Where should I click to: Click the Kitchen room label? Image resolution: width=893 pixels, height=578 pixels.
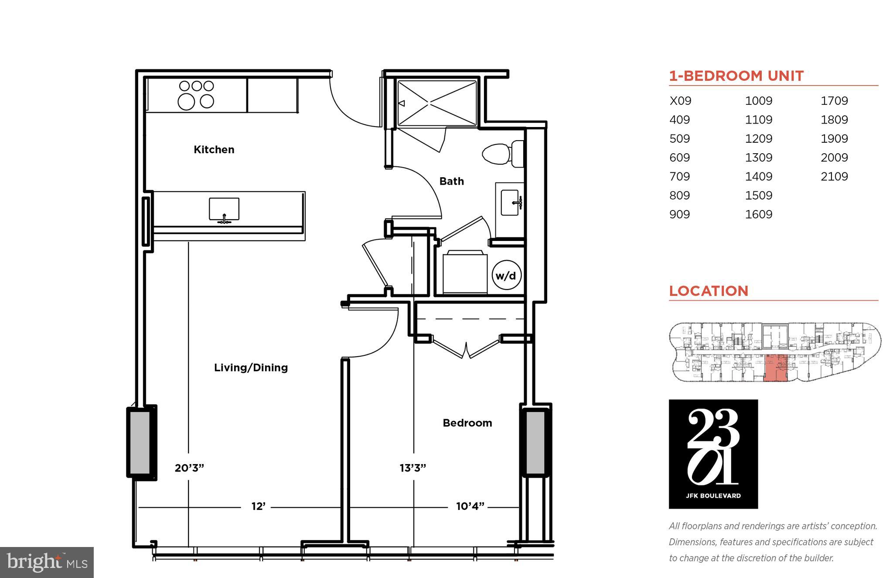[214, 150]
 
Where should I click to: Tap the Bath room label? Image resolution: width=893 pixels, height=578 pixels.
[451, 181]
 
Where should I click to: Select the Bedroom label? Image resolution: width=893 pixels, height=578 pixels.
[467, 423]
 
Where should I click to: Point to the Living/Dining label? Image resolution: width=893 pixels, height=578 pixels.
[251, 368]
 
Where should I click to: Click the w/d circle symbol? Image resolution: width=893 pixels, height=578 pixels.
[506, 275]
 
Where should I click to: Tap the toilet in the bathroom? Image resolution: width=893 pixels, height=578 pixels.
[501, 154]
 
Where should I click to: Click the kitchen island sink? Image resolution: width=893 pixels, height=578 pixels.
[224, 210]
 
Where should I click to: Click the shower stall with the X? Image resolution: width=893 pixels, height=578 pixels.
[436, 103]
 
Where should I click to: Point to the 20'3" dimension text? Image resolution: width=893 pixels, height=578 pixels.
[189, 468]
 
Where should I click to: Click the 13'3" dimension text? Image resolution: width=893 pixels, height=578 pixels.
[412, 468]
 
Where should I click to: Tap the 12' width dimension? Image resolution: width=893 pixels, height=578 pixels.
[258, 506]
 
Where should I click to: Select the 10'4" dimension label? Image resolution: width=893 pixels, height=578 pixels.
[470, 506]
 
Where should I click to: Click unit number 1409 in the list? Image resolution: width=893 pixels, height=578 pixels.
[758, 176]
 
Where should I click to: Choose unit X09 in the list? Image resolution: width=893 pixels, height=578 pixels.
[680, 101]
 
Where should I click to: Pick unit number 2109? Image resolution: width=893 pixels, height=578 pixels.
[834, 176]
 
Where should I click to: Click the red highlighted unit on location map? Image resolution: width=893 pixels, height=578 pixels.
[776, 368]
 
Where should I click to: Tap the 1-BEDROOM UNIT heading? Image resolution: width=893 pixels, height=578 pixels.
[736, 76]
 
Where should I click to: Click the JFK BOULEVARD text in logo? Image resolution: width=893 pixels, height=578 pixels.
[713, 495]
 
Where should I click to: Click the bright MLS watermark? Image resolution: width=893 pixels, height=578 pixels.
[47, 562]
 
